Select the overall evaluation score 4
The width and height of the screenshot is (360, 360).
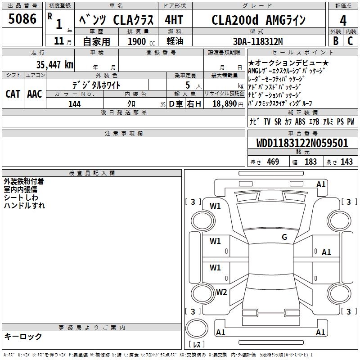(343, 21)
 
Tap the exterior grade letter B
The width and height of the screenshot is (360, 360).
(335, 41)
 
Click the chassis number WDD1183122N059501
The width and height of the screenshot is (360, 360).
(302, 144)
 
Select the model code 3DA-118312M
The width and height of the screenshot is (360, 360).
(258, 41)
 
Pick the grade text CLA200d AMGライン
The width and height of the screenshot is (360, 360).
(259, 20)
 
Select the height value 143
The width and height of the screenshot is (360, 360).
(346, 162)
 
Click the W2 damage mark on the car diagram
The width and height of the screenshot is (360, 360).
(221, 292)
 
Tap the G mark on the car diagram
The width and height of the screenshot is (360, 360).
(284, 237)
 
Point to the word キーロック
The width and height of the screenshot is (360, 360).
(23, 337)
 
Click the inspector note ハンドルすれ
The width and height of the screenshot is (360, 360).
(24, 206)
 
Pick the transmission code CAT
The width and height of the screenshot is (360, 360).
(13, 94)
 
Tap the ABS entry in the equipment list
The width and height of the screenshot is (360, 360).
(300, 122)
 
